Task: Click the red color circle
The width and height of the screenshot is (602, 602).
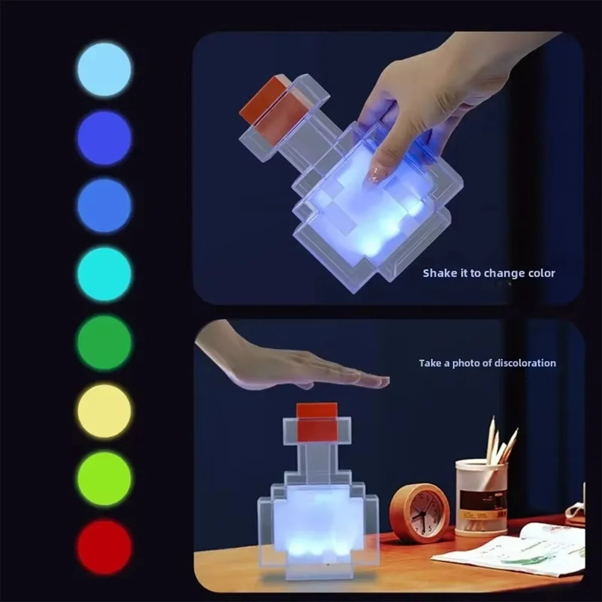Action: click(104, 546)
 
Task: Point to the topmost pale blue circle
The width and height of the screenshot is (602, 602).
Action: click(104, 70)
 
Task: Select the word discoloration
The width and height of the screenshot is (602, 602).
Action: click(526, 363)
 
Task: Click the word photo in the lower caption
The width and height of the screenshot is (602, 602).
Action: click(466, 363)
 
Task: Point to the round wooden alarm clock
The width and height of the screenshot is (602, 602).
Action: click(413, 513)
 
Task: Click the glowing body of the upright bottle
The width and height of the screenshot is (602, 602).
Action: click(317, 522)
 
